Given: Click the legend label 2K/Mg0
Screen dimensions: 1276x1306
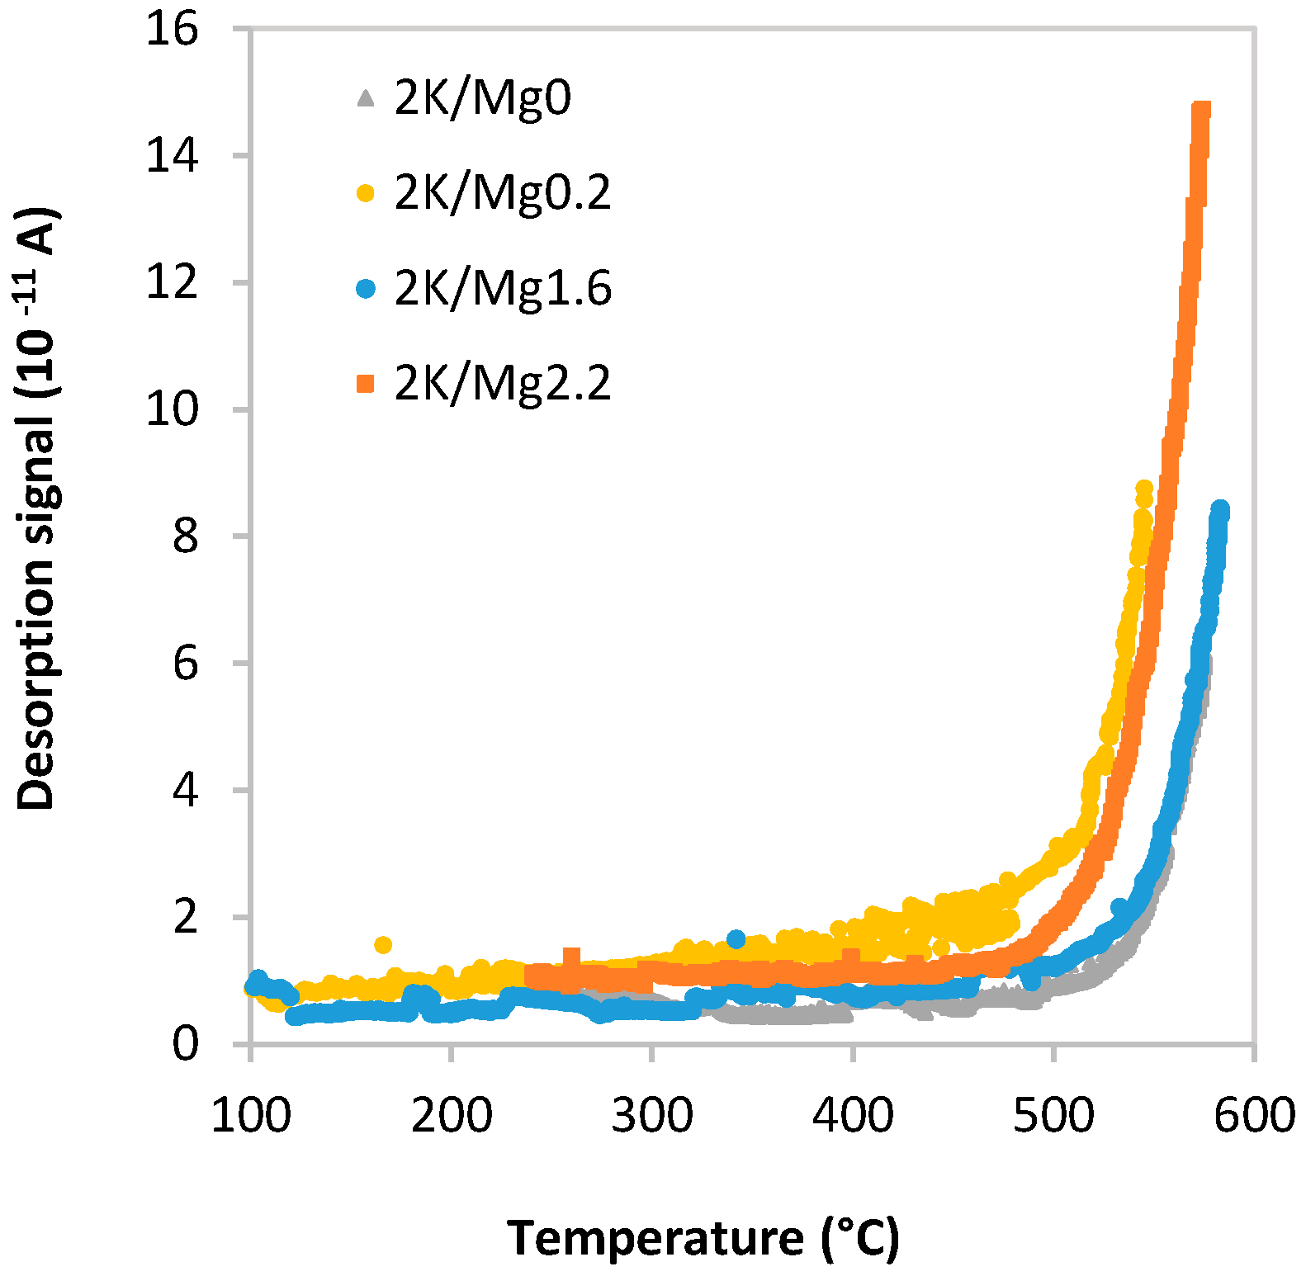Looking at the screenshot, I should click(x=483, y=98).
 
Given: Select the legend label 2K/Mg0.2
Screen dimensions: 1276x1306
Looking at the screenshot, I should click(x=503, y=193).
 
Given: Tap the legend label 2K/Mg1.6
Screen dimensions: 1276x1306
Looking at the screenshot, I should click(x=503, y=288).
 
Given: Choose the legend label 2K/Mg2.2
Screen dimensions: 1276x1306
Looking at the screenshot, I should click(x=503, y=383).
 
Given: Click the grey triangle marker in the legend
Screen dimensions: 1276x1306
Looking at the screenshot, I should click(x=365, y=99).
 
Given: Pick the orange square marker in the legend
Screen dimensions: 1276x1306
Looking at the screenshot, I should click(x=365, y=384).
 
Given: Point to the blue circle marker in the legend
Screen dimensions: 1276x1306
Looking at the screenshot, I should click(x=365, y=289).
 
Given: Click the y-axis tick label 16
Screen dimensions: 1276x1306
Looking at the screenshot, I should click(x=172, y=30).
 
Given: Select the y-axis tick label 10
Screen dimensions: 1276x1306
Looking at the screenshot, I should click(x=172, y=409).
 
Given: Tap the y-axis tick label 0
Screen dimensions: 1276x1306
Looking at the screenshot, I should click(x=186, y=1044).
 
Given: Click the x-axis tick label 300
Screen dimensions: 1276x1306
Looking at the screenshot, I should click(x=652, y=1116).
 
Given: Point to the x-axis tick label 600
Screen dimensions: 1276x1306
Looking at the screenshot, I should click(x=1254, y=1116).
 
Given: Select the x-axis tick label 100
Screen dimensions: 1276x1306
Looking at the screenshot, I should click(x=251, y=1116).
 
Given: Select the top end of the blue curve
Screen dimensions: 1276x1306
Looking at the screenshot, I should click(x=1220, y=508).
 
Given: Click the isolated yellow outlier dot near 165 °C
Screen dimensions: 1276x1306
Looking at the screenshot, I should click(x=383, y=944).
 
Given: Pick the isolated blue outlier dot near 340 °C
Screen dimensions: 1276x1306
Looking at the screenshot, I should click(x=736, y=938).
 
